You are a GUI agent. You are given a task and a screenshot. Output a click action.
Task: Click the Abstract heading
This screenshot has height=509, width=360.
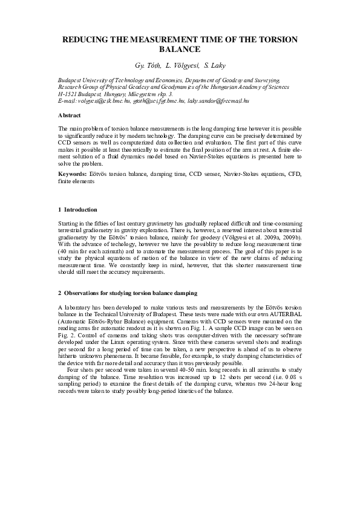(70, 115)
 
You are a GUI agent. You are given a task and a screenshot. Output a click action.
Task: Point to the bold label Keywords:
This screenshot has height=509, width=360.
(73, 173)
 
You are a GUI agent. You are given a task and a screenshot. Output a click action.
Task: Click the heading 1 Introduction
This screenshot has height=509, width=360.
(77, 210)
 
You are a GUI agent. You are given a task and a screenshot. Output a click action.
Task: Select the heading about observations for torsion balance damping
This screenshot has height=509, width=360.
(127, 293)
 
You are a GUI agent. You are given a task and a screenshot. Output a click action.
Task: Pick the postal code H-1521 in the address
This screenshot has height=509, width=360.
(67, 95)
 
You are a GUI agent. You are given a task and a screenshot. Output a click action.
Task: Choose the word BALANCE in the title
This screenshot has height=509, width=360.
(180, 48)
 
